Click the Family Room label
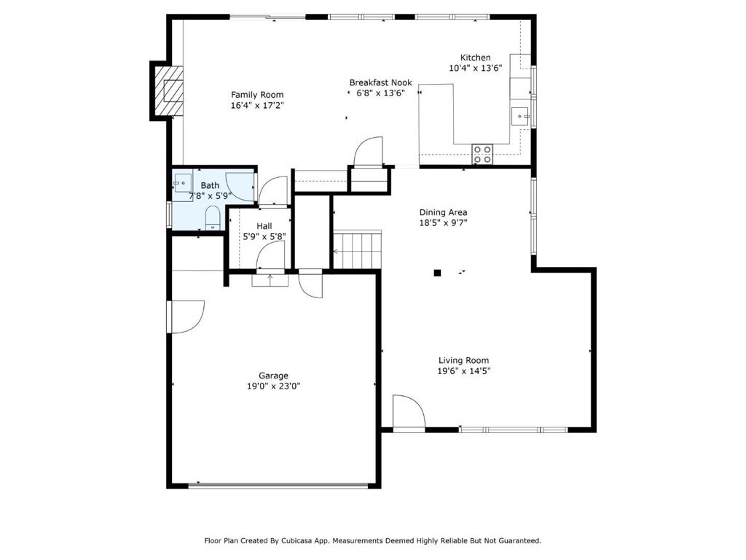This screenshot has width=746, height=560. [257, 95]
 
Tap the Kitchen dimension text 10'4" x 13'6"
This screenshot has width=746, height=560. [475, 68]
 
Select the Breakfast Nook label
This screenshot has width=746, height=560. [380, 82]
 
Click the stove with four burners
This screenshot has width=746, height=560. [482, 155]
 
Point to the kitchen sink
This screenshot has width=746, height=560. [519, 116]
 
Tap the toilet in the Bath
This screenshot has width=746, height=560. [212, 219]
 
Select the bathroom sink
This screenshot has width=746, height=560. [183, 183]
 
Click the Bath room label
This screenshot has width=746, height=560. [210, 186]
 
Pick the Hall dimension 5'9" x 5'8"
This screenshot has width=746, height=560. [264, 237]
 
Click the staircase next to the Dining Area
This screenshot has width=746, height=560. [357, 250]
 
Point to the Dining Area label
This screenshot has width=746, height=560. [443, 212]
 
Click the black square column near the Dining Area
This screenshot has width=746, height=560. [437, 273]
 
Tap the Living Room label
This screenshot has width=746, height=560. [463, 360]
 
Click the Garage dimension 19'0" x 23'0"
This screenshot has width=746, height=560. [274, 386]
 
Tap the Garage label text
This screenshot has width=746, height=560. [274, 376]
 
